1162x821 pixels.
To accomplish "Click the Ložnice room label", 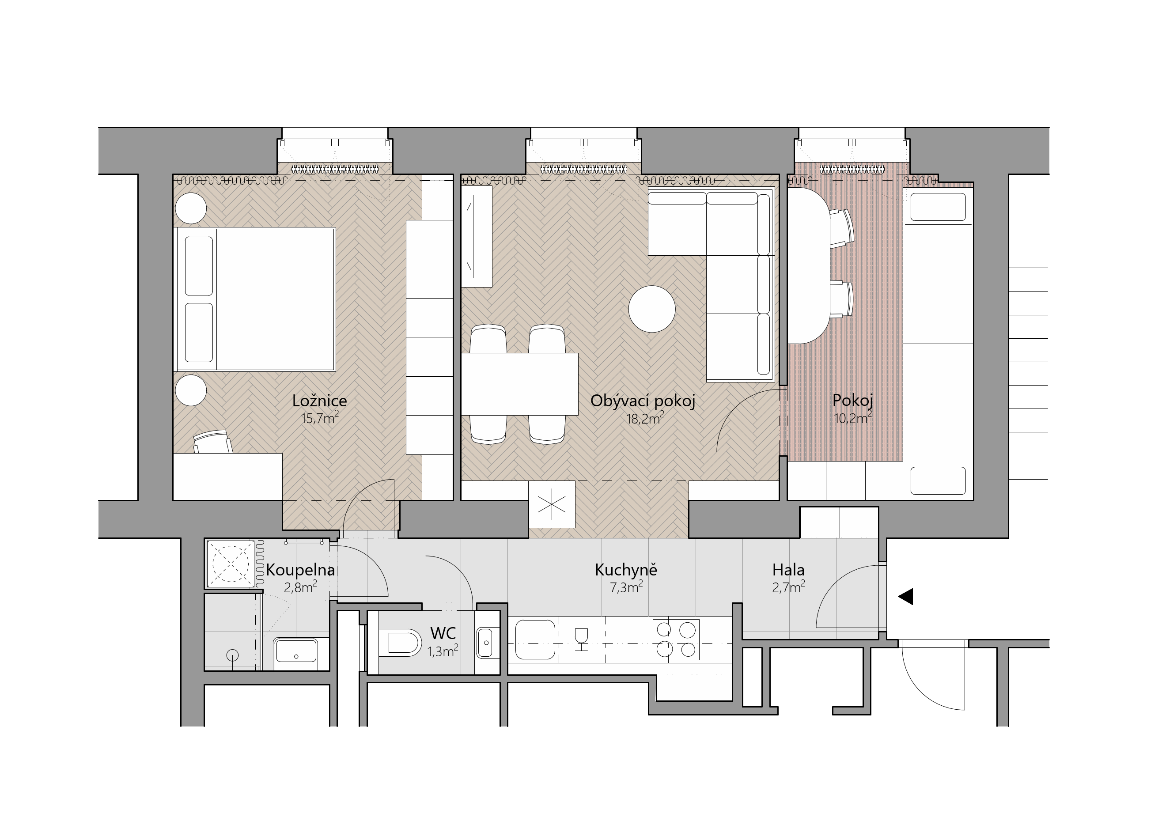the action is pos(319,401).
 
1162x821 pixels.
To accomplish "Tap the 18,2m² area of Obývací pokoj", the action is pos(645,418).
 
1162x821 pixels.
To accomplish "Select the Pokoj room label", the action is pos(853,401).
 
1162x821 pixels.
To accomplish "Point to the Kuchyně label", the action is pos(626,570).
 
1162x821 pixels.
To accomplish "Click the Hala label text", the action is pos(788,571).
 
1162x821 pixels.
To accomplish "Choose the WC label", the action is pos(443,633).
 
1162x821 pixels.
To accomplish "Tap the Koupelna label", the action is pos(300,571).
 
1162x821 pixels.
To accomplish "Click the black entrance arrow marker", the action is pos(905,597).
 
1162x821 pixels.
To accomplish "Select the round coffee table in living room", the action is pos(652,309).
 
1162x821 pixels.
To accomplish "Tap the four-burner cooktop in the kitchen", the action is pos(676,640).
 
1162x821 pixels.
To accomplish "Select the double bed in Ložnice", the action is pos(254,299).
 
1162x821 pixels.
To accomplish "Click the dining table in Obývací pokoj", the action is pos(520,384).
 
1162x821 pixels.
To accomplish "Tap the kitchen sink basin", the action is pos(535,640).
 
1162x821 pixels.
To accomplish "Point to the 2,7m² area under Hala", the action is pos(788,587).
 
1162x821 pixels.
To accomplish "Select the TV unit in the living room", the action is pos(477,236).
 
